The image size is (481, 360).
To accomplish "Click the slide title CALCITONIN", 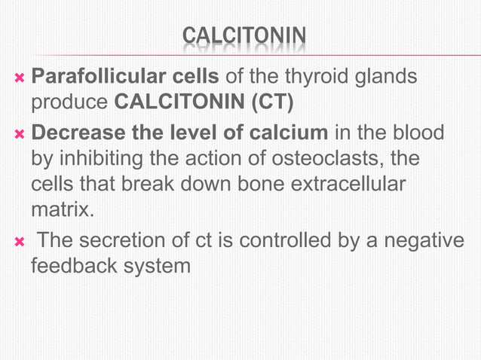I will click(x=244, y=36).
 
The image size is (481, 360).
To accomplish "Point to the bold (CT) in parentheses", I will click(x=277, y=101).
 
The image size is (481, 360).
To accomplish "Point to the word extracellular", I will click(x=358, y=184).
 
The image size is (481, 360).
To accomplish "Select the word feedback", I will click(x=74, y=266).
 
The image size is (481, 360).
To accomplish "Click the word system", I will click(x=157, y=266).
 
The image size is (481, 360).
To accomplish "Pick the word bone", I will click(x=255, y=184).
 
